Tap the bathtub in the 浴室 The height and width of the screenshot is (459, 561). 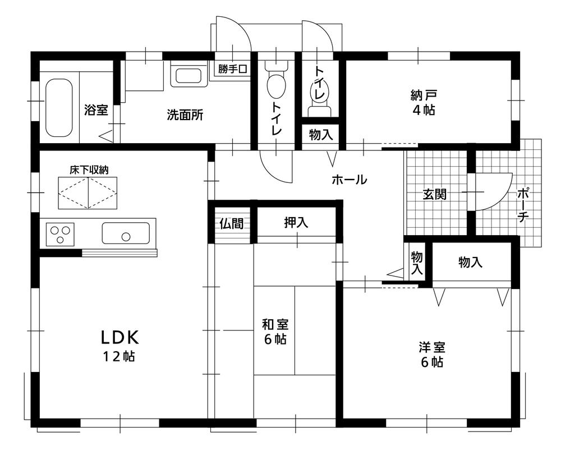pyautogui.click(x=59, y=108)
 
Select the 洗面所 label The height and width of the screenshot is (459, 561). pyautogui.click(x=185, y=116)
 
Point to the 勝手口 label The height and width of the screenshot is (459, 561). pyautogui.click(x=233, y=70)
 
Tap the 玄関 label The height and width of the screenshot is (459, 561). pyautogui.click(x=434, y=195)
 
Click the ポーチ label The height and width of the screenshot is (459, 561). pyautogui.click(x=522, y=206)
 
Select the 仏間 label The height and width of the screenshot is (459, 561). pyautogui.click(x=231, y=223)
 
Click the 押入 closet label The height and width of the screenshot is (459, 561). pyautogui.click(x=296, y=223)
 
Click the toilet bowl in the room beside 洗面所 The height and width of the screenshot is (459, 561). pyautogui.click(x=275, y=87)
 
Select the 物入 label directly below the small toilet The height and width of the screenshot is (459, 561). pyautogui.click(x=321, y=135)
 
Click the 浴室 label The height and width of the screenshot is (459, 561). pyautogui.click(x=96, y=110)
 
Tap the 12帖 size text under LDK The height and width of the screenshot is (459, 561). pyautogui.click(x=119, y=356)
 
